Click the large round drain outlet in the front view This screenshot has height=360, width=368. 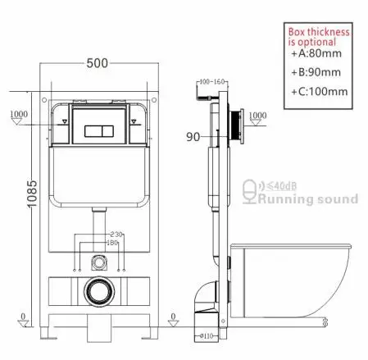(x=101, y=290)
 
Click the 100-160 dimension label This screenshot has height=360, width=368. (x=211, y=84)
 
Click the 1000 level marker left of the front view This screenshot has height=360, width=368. (x=17, y=113)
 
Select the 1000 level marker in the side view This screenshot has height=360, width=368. (x=257, y=115)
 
